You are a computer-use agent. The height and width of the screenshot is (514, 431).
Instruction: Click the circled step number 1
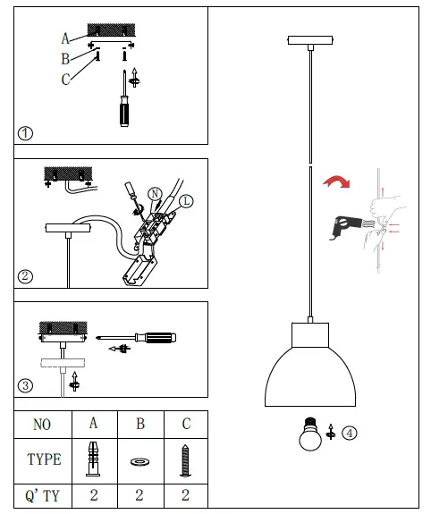pos(25,133)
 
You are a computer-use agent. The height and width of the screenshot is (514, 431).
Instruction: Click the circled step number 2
pos(25,275)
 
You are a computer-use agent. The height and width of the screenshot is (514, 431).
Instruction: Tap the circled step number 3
pos(25,386)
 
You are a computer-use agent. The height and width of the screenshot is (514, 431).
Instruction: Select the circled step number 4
pos(350,433)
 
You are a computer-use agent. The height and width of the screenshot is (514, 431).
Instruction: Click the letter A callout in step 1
pos(65,38)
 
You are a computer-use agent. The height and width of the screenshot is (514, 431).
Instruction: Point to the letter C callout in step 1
pos(65,80)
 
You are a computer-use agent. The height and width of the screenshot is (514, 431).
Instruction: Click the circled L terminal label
pos(185,200)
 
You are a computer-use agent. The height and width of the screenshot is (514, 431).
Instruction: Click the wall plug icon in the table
pos(92,459)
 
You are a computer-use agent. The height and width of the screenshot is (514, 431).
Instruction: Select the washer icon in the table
pos(139,461)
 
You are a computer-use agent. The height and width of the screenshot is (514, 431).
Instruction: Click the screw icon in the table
pos(186,459)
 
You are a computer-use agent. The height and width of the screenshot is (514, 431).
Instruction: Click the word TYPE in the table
pos(44,459)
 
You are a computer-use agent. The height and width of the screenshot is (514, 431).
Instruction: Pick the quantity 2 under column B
pos(139,494)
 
